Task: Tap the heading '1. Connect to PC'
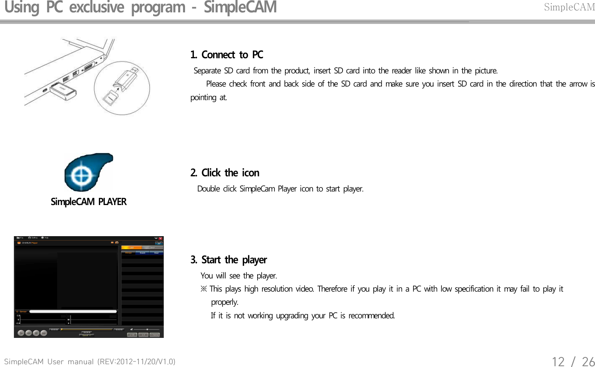[x=227, y=55]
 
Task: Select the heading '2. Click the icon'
[x=225, y=173]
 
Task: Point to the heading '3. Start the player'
[x=229, y=260]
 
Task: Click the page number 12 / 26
[x=573, y=361]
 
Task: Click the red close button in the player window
[x=161, y=239]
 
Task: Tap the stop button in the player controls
[x=36, y=333]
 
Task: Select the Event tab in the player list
[x=142, y=253]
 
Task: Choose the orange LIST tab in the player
[x=132, y=248]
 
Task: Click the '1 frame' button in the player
[x=155, y=335]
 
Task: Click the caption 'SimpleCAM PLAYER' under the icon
[x=89, y=202]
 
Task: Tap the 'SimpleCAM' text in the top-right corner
[x=569, y=7]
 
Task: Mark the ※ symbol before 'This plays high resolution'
[x=204, y=289]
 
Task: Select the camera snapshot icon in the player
[x=116, y=243]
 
